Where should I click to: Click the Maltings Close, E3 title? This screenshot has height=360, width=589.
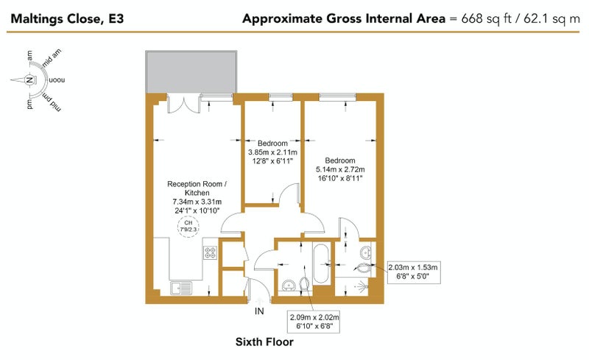67,18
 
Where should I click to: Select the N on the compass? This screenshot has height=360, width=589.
29,80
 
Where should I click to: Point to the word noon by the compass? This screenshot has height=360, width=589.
57,80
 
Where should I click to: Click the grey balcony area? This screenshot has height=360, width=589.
191,71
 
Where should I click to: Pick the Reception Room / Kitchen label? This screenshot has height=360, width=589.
197,188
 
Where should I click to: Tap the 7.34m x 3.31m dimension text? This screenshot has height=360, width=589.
197,202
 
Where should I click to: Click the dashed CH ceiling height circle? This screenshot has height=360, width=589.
188,227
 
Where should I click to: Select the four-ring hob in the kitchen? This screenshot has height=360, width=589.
211,253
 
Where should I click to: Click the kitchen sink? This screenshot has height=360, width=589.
181,289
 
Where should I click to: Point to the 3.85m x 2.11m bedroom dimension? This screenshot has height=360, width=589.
272,152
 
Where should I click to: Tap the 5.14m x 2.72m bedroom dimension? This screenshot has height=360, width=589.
340,169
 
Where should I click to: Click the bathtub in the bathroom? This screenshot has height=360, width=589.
321,264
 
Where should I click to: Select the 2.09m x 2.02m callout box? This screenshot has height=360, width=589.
314,322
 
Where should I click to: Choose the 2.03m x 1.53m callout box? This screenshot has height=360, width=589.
413,272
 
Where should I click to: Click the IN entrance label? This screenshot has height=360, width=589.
259,311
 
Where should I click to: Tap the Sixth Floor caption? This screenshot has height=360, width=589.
264,342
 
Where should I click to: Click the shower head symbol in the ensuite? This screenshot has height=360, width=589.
361,287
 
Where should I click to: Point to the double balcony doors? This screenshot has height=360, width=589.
184,104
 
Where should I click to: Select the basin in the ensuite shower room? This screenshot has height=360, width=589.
365,253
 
